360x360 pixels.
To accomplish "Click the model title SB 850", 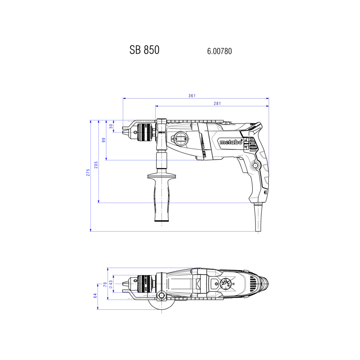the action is [144, 50].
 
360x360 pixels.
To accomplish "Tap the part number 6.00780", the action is [220, 51].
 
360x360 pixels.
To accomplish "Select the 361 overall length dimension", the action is [192, 96].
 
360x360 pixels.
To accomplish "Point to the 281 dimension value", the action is [217, 104].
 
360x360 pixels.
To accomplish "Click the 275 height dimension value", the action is [88, 172].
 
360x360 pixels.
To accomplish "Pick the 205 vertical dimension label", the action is [96, 165].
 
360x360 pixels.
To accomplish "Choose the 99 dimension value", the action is [104, 140].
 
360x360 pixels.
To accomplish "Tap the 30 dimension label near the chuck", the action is [111, 126].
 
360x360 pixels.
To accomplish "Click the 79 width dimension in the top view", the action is [105, 285].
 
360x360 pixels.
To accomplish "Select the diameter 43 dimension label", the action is [111, 284].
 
